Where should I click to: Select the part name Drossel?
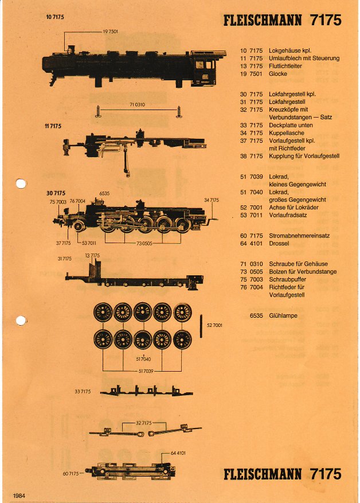pos(279,244)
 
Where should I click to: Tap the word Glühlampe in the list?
pos(283,315)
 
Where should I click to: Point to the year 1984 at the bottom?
pos(18,495)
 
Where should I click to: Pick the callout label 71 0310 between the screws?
pos(138,104)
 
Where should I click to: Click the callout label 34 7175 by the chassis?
pos(211,200)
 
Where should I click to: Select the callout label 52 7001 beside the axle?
pos(214,325)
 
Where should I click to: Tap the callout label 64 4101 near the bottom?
pos(177,453)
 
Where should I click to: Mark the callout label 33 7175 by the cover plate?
pos(83,392)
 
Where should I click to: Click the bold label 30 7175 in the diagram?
pos(56,193)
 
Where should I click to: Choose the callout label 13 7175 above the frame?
pos(92,255)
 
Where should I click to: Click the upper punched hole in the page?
pos(21,184)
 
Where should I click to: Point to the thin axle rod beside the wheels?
pos(201,326)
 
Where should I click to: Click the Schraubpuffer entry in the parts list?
pos(287,279)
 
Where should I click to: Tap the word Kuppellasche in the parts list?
pos(285,132)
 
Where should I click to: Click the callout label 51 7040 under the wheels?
pos(143,358)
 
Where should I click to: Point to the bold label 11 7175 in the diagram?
pos(53,126)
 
